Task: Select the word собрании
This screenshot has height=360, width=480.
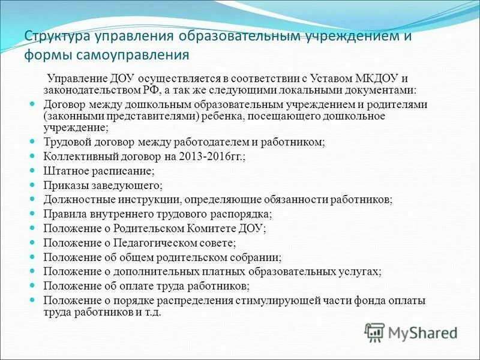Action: [254, 257]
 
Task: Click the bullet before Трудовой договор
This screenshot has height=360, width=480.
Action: [34, 142]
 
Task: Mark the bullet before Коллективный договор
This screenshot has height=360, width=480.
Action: [34, 156]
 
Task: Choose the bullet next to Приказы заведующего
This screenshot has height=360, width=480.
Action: [34, 185]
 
